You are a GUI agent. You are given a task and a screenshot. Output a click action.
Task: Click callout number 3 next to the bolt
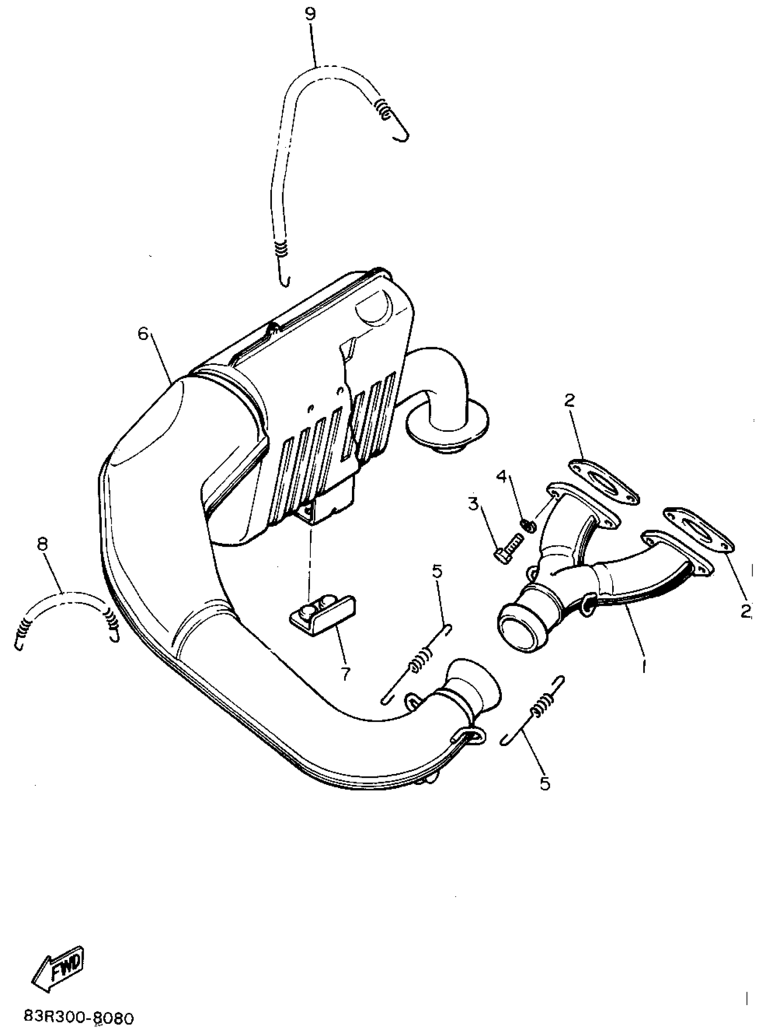pos(473,503)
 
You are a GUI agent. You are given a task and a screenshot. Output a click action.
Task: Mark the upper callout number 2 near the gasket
pos(570,401)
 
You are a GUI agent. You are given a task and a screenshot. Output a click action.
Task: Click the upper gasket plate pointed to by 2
pos(603,482)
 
